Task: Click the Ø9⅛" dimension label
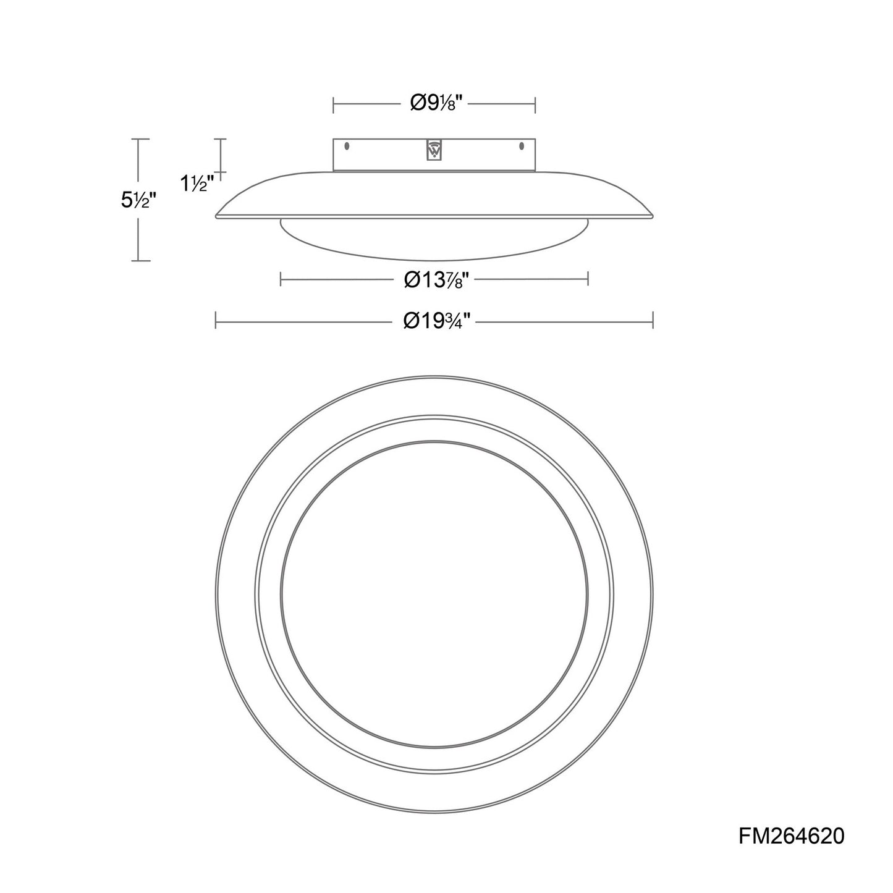pyautogui.click(x=436, y=103)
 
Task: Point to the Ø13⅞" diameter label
pyautogui.click(x=436, y=279)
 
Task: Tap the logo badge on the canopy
pyautogui.click(x=434, y=150)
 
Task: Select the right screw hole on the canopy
pyautogui.click(x=522, y=146)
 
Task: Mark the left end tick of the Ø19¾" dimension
pyautogui.click(x=216, y=320)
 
